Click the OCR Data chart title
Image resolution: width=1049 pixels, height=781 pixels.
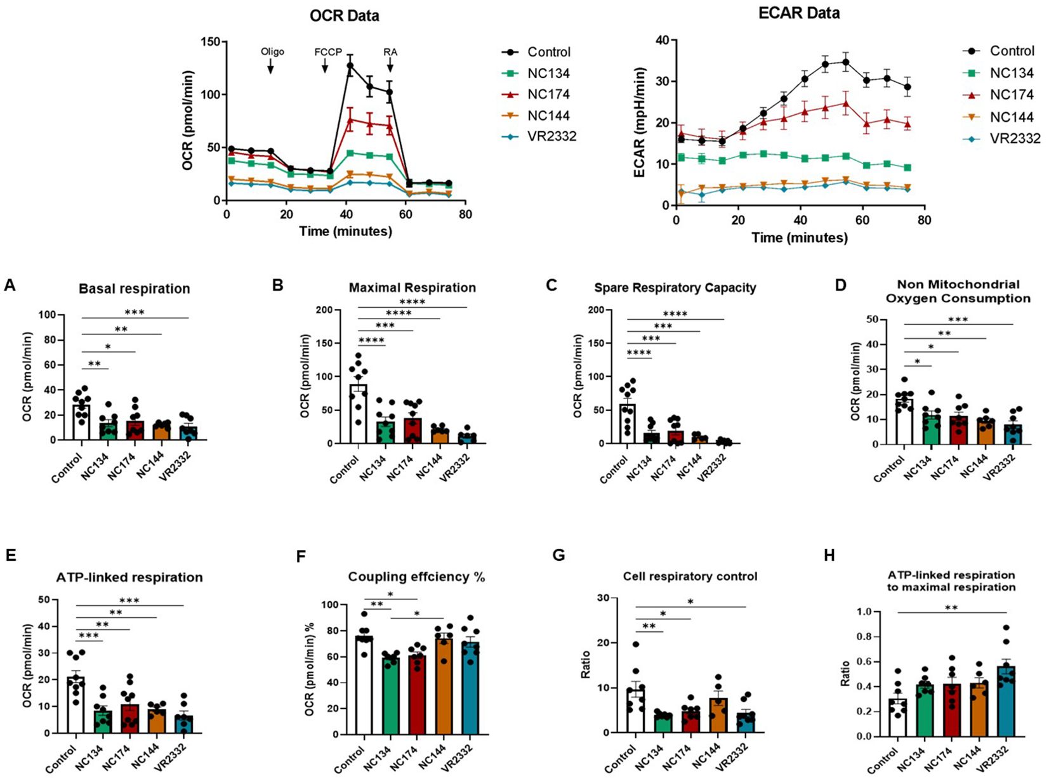click(344, 16)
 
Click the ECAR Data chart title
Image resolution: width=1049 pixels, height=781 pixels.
click(799, 13)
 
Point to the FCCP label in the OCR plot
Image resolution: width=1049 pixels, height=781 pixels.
click(328, 52)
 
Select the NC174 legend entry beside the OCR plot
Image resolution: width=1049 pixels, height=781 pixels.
click(548, 95)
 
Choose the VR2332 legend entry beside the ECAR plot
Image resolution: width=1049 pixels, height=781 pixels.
click(1015, 138)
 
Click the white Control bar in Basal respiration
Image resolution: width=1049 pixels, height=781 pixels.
click(81, 422)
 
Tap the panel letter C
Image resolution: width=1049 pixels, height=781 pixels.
click(551, 285)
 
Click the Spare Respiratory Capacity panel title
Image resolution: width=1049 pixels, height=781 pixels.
click(675, 288)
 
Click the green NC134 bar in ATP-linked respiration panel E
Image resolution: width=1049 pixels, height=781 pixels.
click(103, 721)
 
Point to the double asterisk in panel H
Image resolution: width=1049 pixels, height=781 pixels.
click(951, 608)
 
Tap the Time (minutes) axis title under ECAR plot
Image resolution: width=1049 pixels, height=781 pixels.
click(799, 238)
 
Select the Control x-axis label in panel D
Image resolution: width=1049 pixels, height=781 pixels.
click(889, 469)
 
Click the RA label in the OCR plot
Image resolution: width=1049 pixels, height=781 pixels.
click(390, 52)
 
